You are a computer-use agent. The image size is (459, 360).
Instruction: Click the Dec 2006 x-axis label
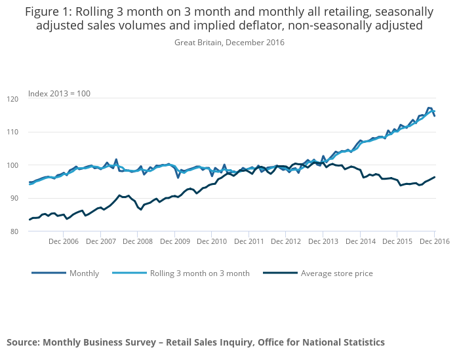64,241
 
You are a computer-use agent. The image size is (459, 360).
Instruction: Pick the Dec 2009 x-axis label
175,241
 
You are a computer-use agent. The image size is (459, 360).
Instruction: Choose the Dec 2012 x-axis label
286,241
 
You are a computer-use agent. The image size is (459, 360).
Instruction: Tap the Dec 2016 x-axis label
435,241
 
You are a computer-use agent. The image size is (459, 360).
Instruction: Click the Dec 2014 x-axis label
360,241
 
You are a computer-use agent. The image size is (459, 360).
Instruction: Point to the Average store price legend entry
336,273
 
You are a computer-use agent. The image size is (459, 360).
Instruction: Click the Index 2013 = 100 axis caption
59,94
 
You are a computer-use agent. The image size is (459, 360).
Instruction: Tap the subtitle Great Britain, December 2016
229,43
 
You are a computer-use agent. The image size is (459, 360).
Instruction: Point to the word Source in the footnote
23,342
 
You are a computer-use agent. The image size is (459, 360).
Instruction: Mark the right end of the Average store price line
435,176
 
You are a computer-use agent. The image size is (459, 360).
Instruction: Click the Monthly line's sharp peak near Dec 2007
116,159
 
